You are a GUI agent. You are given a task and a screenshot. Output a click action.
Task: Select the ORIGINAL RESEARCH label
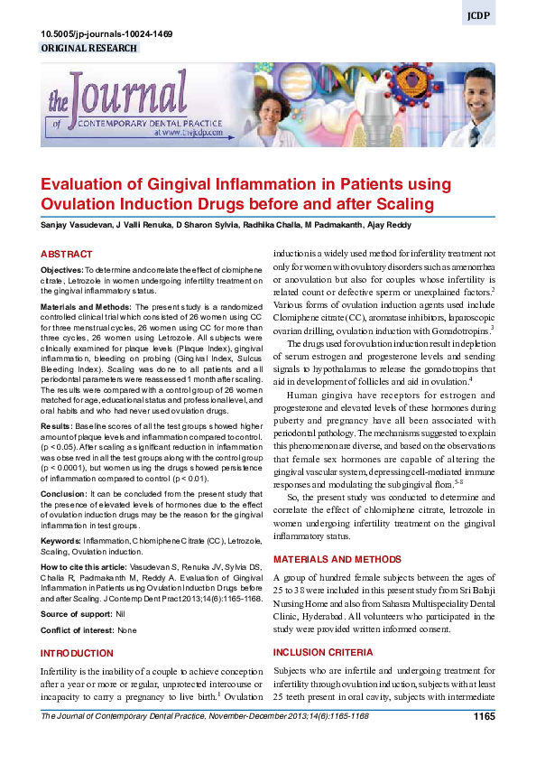coord(89,48)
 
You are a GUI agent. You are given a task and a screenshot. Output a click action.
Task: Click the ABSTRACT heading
coord(66,255)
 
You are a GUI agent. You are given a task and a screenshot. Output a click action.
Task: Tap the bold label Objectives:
coord(61,270)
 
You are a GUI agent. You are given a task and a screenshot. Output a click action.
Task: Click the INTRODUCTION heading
coord(77,652)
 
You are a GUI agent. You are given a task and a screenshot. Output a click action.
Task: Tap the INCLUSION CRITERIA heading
coord(323,652)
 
